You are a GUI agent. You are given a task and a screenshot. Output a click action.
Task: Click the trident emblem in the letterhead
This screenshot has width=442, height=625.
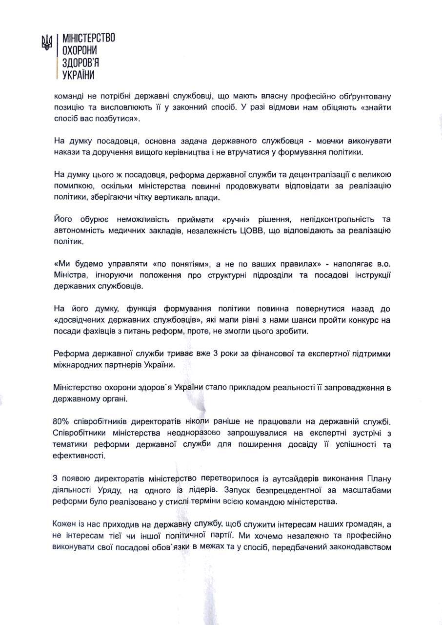click(46, 42)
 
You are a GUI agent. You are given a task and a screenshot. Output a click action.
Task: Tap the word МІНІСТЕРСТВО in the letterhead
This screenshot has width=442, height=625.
click(86, 38)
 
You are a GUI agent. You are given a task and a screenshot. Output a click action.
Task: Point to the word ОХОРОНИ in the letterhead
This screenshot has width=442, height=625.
click(77, 50)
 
